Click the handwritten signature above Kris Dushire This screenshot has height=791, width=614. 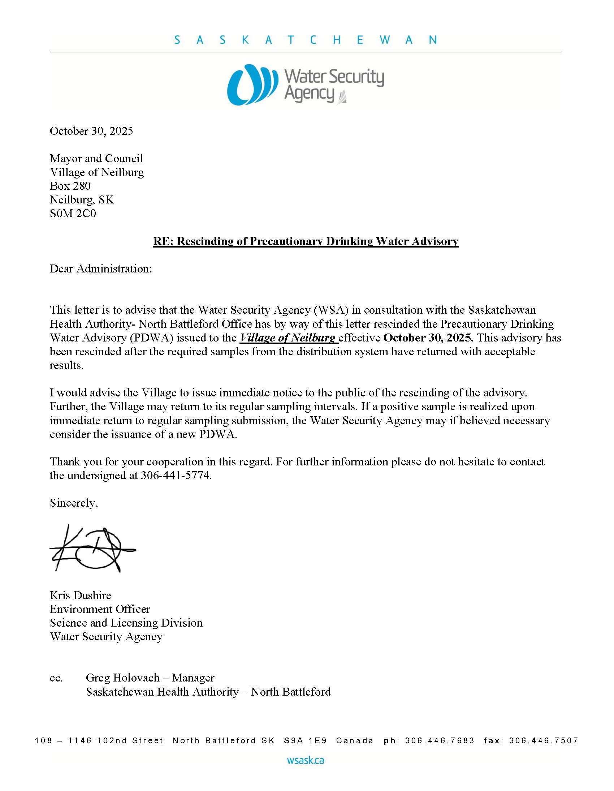(x=92, y=548)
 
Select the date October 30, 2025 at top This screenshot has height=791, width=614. (x=91, y=131)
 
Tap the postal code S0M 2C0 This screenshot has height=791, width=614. (x=73, y=214)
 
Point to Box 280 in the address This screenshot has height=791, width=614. (x=70, y=186)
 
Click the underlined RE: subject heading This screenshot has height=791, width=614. (x=306, y=241)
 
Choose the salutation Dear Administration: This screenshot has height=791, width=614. (x=101, y=269)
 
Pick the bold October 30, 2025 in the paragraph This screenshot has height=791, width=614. (x=428, y=338)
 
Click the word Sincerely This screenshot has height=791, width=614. (x=73, y=503)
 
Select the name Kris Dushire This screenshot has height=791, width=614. (x=81, y=595)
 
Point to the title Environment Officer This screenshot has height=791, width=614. (x=100, y=609)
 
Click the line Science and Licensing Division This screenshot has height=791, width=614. (x=126, y=623)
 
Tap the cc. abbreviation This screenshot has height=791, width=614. (x=56, y=678)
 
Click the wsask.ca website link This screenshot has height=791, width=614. (x=306, y=760)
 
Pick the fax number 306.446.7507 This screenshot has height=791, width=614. (x=544, y=741)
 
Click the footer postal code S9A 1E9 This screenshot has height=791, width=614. (x=305, y=741)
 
